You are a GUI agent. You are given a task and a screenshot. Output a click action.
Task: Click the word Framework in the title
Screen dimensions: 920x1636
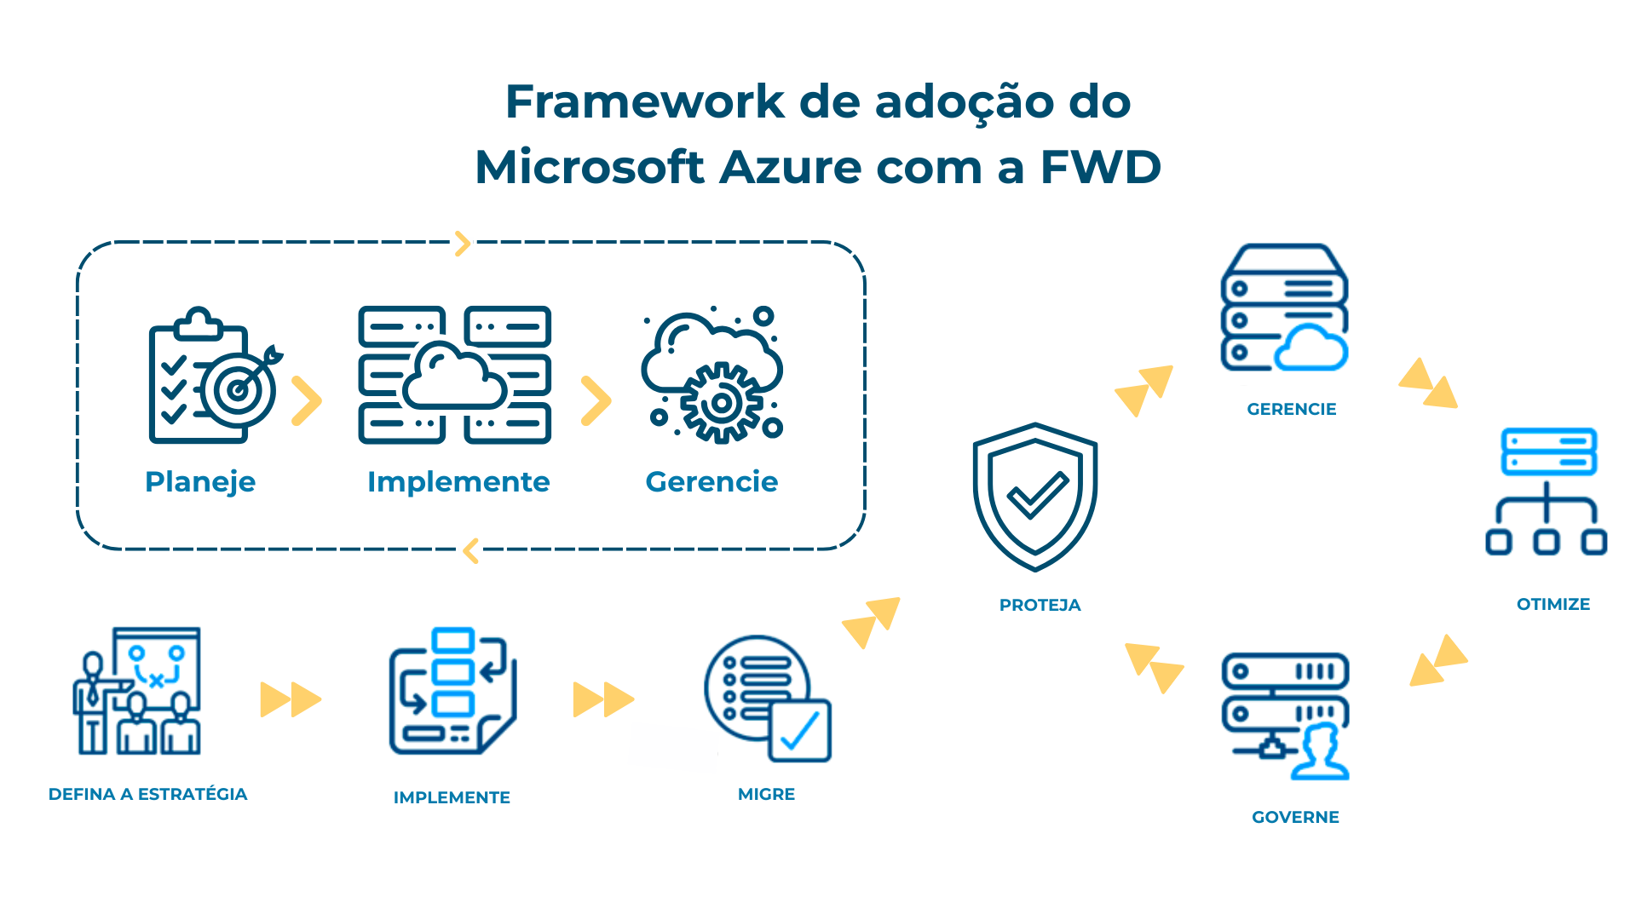[x=645, y=102]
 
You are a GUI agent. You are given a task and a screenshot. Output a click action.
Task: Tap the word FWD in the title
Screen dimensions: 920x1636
[x=1100, y=167]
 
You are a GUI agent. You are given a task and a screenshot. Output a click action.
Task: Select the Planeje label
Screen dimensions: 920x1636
[x=200, y=482]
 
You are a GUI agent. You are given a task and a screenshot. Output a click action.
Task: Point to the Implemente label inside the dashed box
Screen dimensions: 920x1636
[x=458, y=482]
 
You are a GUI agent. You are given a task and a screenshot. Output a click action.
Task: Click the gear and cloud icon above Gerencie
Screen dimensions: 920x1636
[x=712, y=376]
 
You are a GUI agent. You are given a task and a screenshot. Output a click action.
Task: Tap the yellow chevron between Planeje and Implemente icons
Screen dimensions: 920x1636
[x=306, y=400]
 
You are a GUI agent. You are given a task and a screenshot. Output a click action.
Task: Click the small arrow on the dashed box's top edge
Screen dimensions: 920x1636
[x=462, y=244]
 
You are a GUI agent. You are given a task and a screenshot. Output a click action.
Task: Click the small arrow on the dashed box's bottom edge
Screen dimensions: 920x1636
[x=470, y=551]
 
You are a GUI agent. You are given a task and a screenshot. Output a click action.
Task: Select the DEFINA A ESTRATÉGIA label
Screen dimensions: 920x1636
[x=147, y=794]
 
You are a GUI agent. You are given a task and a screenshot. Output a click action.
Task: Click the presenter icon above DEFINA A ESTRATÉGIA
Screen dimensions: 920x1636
[x=136, y=690]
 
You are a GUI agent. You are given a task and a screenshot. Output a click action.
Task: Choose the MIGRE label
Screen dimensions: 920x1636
[x=766, y=794]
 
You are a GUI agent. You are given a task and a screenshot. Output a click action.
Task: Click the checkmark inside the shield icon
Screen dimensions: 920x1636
[x=1037, y=494]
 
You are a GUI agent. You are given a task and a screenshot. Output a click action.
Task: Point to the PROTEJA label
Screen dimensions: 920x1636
[x=1040, y=605]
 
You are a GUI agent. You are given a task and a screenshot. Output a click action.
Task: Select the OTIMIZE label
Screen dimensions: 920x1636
[x=1552, y=604]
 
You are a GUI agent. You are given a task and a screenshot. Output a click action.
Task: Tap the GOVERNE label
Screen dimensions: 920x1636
[x=1295, y=817]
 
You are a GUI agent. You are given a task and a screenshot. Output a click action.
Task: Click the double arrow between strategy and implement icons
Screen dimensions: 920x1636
[x=291, y=699]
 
